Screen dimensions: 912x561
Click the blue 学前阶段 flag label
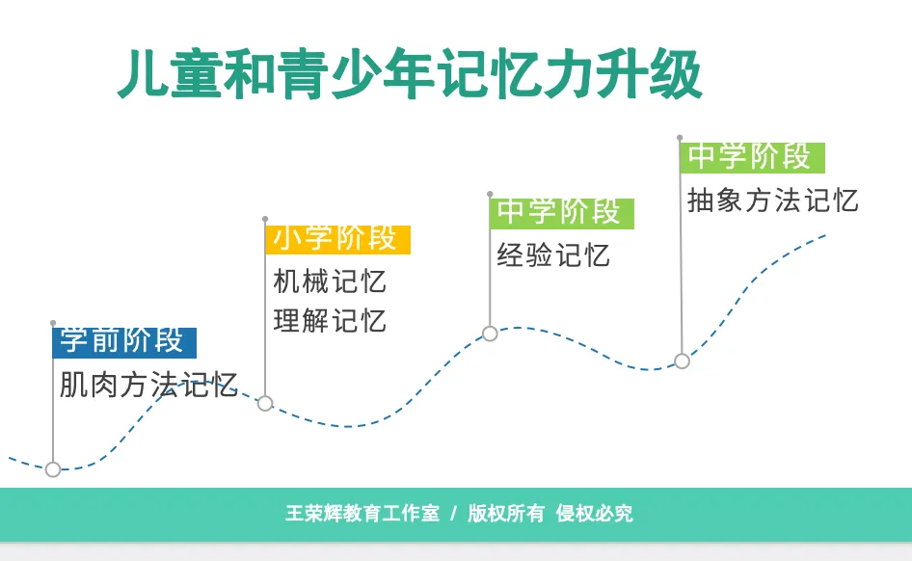click(x=124, y=342)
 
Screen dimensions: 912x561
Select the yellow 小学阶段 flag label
click(x=338, y=239)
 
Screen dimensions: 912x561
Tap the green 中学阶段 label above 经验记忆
click(x=562, y=213)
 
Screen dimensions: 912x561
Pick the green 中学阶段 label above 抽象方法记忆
click(x=753, y=157)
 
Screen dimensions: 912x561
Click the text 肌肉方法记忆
click(x=148, y=385)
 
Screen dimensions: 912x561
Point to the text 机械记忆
click(x=330, y=281)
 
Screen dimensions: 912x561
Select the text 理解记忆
click(x=330, y=321)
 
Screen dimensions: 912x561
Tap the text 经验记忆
click(x=553, y=255)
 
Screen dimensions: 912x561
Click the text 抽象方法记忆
click(x=772, y=200)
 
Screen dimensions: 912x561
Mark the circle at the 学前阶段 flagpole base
click(x=53, y=469)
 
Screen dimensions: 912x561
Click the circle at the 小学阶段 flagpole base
click(x=265, y=403)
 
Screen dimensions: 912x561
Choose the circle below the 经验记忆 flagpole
click(x=490, y=334)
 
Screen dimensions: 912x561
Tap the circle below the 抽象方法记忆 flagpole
click(x=682, y=361)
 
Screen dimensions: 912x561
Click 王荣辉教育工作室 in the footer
click(x=362, y=514)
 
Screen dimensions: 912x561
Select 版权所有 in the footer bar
click(x=506, y=514)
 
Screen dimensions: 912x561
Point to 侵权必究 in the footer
click(x=594, y=514)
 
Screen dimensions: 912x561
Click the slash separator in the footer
click(x=454, y=514)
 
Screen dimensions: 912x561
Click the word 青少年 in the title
click(x=356, y=74)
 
